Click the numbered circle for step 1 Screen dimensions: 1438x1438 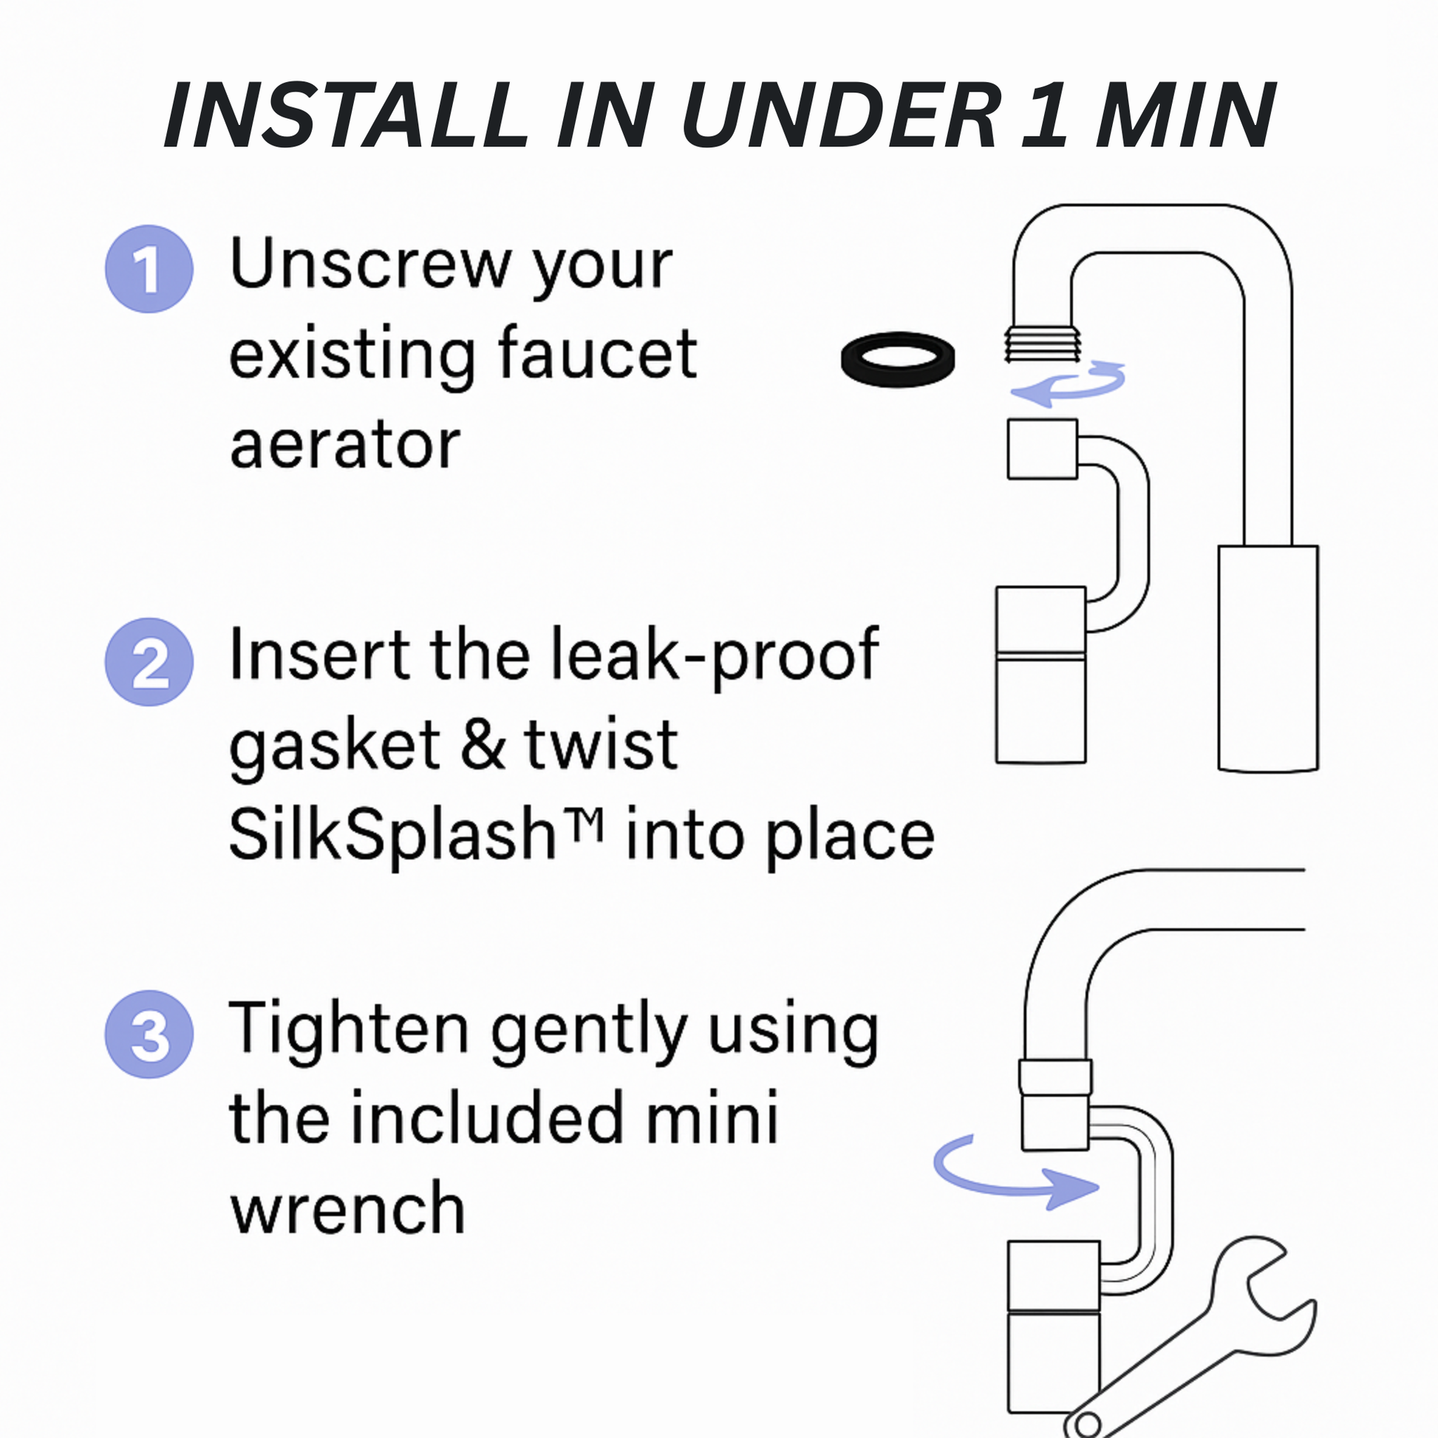click(149, 269)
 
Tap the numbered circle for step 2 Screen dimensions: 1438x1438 click(149, 661)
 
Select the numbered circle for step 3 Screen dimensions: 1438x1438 click(149, 1034)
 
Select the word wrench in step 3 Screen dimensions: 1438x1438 click(347, 1208)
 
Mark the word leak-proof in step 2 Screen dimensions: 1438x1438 click(715, 655)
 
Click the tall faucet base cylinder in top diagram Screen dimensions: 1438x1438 click(1267, 657)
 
